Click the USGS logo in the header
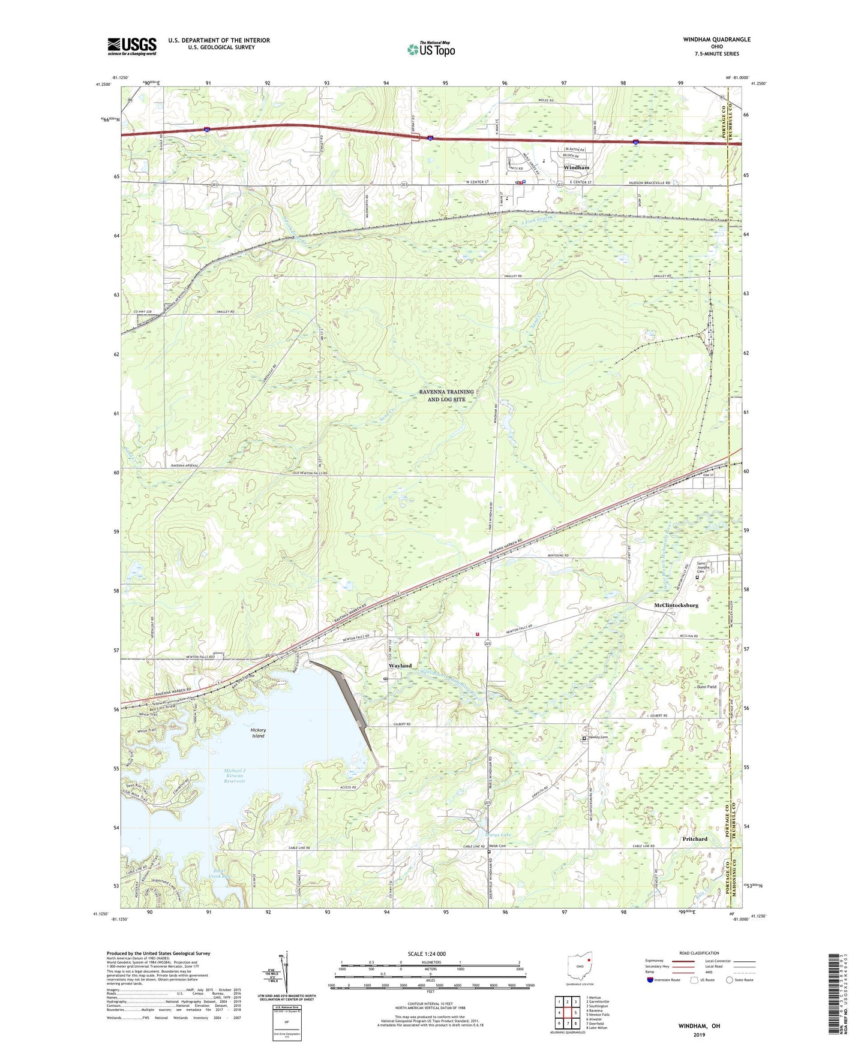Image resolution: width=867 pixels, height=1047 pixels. [132, 46]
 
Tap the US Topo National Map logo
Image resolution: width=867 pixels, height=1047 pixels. [431, 49]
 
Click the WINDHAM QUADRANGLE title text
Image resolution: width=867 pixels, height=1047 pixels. [716, 40]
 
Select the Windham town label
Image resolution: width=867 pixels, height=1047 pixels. [576, 168]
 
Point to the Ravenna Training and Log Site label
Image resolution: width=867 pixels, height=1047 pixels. [446, 395]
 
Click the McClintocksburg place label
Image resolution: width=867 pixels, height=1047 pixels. [676, 606]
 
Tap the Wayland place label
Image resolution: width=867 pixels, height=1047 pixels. [400, 666]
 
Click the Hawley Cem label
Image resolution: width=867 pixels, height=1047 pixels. [598, 738]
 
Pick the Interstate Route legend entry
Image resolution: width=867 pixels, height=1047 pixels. [666, 980]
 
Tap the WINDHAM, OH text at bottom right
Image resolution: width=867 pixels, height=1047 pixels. [699, 1026]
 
